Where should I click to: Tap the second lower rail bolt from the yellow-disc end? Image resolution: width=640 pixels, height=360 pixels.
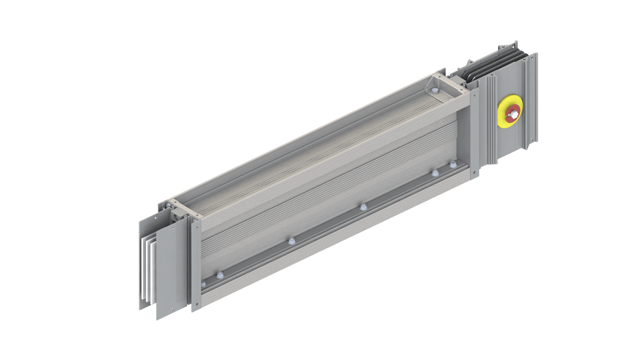point(435,173)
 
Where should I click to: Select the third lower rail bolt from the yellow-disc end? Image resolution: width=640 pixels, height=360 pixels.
point(363,206)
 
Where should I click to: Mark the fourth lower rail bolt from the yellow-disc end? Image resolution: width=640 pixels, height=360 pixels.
point(290,241)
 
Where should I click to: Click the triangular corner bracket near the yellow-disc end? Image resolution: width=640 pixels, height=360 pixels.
point(430,84)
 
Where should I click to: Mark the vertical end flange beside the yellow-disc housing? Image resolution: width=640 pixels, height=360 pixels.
point(474,133)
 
